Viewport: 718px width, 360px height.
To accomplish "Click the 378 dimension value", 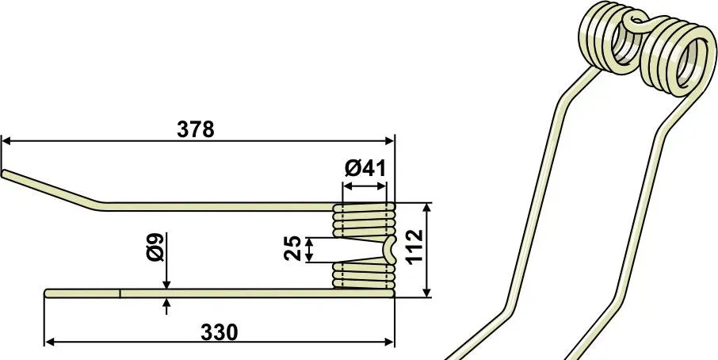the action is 196,130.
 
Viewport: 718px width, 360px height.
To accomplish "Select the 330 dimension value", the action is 220,333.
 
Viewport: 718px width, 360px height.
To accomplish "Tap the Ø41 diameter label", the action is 365,169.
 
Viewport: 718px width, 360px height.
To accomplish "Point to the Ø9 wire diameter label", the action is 156,247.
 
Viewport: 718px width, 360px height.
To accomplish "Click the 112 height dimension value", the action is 414,247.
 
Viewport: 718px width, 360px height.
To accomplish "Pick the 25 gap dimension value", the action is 292,248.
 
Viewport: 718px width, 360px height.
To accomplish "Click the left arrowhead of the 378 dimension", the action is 6,140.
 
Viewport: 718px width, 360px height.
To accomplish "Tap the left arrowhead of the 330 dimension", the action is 49,342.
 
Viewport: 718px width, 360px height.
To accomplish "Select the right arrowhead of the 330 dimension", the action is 389,342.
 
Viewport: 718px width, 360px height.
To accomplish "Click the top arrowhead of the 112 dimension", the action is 427,209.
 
